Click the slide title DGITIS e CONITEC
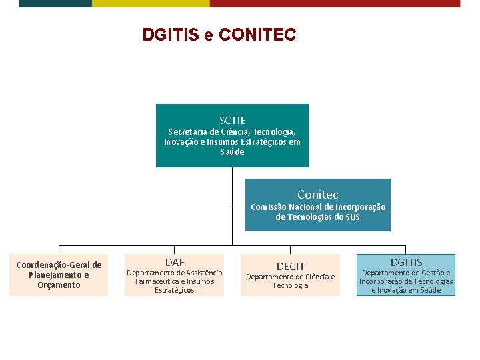[x=219, y=34]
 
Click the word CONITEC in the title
[x=257, y=34]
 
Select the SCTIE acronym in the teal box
[x=232, y=120]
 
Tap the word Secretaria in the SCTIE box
[x=187, y=132]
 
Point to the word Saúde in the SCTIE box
[x=232, y=152]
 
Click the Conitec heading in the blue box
[x=317, y=195]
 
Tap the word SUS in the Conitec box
[x=351, y=217]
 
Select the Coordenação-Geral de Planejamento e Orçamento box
[x=59, y=275]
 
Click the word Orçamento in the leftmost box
[x=59, y=285]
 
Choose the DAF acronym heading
[x=175, y=262]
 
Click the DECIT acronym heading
[x=291, y=266]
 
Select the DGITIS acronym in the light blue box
[x=406, y=262]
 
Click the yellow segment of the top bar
[x=151, y=3]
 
